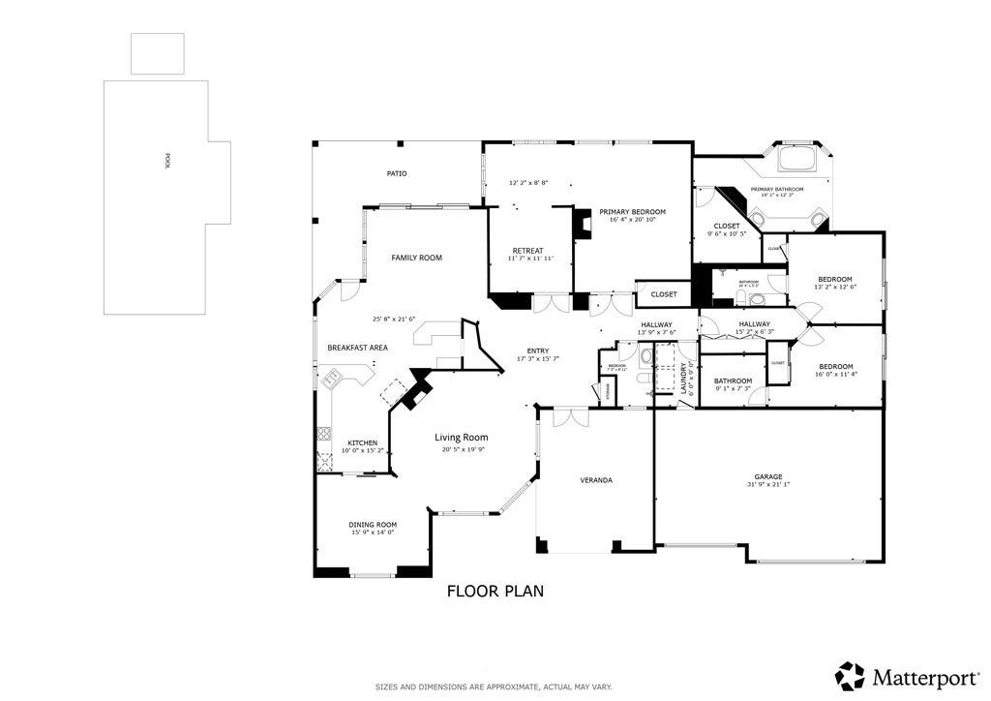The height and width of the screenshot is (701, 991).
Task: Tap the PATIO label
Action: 397,173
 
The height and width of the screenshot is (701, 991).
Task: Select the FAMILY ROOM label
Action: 416,258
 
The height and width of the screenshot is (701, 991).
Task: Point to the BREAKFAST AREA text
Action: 357,348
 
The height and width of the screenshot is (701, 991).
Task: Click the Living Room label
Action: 461,438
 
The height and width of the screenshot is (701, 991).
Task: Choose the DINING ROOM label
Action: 373,524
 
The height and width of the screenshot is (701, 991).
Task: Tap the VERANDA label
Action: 596,480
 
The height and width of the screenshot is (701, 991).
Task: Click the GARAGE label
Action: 768,476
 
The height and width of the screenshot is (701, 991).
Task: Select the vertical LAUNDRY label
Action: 683,373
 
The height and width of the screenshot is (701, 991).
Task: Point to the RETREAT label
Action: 527,250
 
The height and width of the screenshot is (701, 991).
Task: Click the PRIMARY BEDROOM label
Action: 632,211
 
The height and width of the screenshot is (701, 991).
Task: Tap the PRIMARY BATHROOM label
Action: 777,189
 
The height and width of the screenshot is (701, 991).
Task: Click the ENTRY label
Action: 538,350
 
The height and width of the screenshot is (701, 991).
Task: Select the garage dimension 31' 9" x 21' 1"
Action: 768,485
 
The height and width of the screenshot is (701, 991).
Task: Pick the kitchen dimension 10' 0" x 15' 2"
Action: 363,450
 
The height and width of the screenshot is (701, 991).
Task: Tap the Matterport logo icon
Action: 850,675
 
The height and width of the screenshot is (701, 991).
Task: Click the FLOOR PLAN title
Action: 495,591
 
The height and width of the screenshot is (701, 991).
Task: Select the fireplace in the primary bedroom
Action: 583,225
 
